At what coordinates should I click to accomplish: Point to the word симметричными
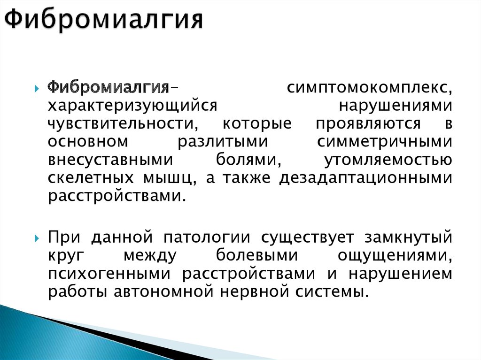(x=385, y=141)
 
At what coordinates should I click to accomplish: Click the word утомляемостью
(x=388, y=160)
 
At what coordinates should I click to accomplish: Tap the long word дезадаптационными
(x=366, y=177)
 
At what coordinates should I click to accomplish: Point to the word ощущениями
(x=394, y=256)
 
